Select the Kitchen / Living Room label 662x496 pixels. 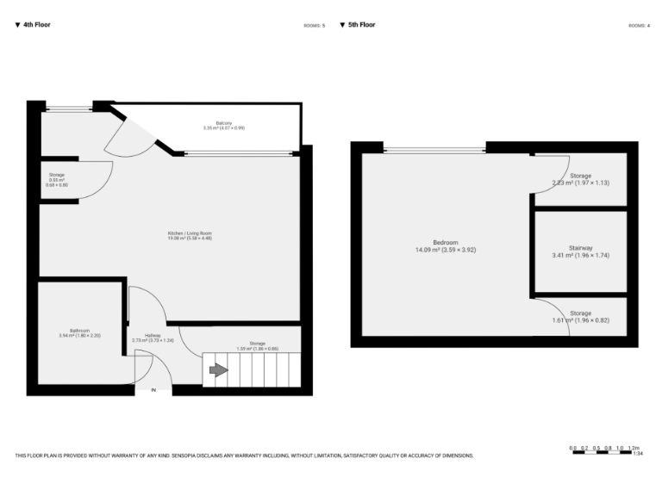(x=190, y=235)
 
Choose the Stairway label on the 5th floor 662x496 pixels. (x=580, y=251)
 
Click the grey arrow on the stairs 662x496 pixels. (x=217, y=370)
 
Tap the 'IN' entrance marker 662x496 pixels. (x=153, y=390)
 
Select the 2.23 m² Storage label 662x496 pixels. (x=580, y=179)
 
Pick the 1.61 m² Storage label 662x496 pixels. (x=580, y=317)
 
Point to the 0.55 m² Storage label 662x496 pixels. (x=57, y=178)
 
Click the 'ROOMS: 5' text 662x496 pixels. (x=314, y=26)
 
